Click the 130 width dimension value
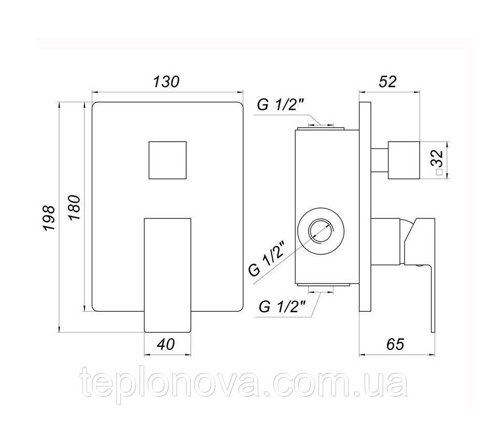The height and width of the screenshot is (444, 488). coord(166,81)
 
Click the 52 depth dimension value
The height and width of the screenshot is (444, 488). coord(387,81)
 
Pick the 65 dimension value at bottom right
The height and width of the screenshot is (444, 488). coord(395,344)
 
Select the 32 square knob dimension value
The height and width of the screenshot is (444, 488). coord(437,158)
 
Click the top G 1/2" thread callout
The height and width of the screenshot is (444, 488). coord(280,105)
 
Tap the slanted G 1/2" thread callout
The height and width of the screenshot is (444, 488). coord(267,257)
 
